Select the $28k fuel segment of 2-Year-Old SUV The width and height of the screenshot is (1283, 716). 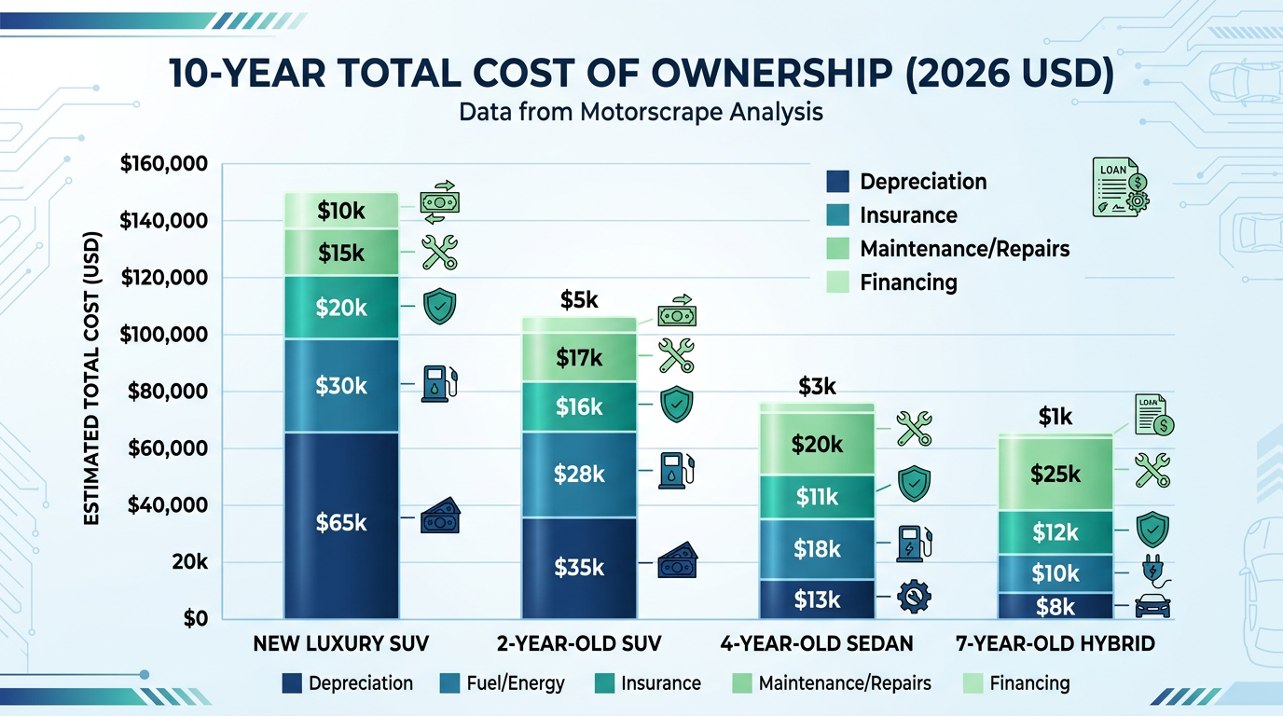pyautogui.click(x=579, y=474)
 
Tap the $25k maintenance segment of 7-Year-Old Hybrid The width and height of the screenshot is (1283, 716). pyautogui.click(x=1055, y=474)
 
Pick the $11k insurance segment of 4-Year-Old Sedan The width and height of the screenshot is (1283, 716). pyautogui.click(x=817, y=497)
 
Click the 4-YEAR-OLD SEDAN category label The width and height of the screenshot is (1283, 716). pyautogui.click(x=817, y=643)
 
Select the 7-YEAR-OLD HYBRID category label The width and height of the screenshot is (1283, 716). pyautogui.click(x=1055, y=643)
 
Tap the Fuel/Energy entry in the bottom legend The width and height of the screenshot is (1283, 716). pyautogui.click(x=503, y=683)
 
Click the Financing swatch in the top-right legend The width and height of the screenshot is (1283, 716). pyautogui.click(x=837, y=282)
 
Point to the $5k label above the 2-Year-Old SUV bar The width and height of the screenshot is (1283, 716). pyautogui.click(x=579, y=300)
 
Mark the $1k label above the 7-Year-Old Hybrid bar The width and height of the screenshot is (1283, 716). pyautogui.click(x=1055, y=418)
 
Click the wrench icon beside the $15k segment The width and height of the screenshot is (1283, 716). pyautogui.click(x=439, y=253)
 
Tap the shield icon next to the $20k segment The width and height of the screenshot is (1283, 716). pyautogui.click(x=439, y=307)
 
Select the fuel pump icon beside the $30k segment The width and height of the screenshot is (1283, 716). pyautogui.click(x=439, y=383)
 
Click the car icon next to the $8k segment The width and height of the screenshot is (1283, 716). pyautogui.click(x=1152, y=606)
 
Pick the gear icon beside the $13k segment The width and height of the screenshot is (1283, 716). pyautogui.click(x=913, y=598)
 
